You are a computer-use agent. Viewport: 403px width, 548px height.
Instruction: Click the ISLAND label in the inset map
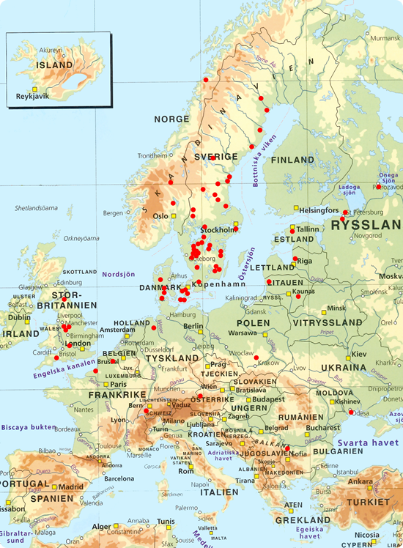coord(55,64)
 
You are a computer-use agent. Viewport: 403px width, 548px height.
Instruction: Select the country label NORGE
coord(171,119)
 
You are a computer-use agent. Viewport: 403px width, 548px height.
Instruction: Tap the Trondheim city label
coord(153,155)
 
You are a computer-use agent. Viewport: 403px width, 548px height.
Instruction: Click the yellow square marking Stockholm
coord(236,223)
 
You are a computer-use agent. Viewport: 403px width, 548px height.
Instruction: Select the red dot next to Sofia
coord(288,448)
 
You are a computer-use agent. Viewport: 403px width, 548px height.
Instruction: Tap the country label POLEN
coord(254,322)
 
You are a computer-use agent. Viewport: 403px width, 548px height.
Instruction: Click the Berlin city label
coord(193,326)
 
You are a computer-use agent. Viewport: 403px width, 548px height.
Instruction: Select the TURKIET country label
coord(369,503)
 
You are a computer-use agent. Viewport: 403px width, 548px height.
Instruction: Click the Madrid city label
coord(71,486)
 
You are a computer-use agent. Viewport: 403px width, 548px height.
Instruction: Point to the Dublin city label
coord(18,318)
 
